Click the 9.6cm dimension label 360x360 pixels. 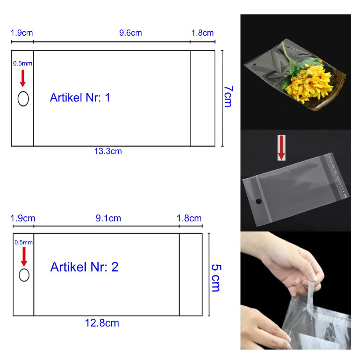click(130, 33)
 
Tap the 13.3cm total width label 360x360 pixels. click(108, 151)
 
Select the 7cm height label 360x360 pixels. click(228, 96)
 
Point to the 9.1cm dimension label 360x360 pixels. click(108, 219)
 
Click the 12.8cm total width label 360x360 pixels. click(102, 323)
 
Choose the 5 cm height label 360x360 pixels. click(216, 278)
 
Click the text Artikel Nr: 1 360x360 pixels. click(80, 98)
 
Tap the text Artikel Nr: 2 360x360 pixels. click(84, 267)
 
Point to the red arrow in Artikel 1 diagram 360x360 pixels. click(23, 78)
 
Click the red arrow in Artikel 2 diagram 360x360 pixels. click(24, 257)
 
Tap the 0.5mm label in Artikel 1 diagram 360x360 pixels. click(22, 63)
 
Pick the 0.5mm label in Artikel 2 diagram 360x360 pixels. click(24, 242)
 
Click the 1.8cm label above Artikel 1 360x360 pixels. click(202, 33)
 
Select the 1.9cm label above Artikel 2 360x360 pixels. click(23, 219)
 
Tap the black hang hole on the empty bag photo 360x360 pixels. click(258, 202)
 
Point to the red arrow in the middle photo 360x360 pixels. click(282, 148)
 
